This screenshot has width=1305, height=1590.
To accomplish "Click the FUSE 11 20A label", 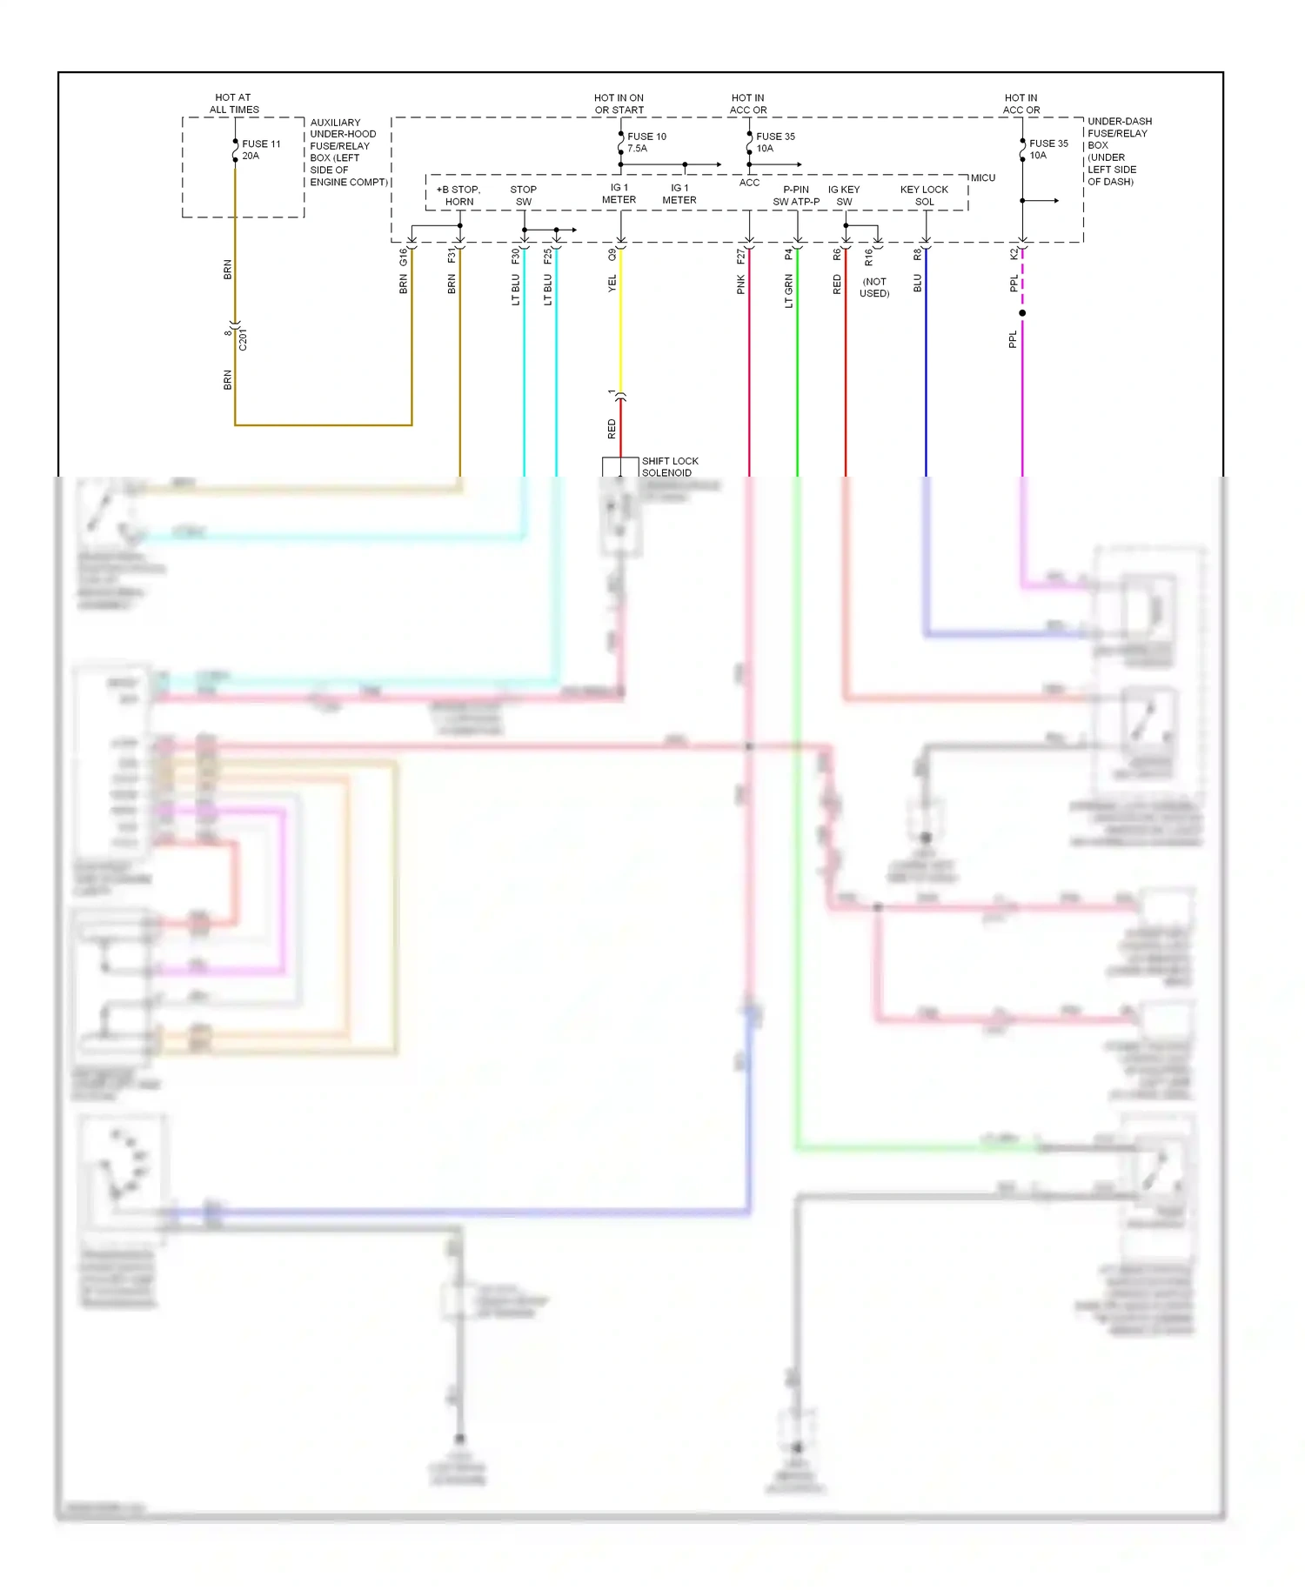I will click(260, 150).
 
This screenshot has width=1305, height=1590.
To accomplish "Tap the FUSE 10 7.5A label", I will click(646, 142).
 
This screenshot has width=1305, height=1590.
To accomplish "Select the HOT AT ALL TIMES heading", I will click(233, 104).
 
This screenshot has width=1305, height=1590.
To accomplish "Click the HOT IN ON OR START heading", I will click(619, 104).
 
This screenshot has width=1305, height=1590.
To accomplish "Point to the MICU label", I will click(982, 177).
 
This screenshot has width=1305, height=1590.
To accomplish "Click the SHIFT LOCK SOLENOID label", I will click(669, 466).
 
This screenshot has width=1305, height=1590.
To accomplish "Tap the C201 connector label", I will click(243, 339).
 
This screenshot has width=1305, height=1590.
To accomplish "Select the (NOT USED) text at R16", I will click(873, 287).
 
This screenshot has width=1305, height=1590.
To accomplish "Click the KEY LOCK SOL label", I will click(924, 195).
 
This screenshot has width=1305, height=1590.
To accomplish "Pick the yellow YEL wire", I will click(620, 331).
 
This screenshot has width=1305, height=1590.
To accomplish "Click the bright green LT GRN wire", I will click(797, 365).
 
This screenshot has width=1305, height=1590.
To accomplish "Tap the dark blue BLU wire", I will click(926, 365).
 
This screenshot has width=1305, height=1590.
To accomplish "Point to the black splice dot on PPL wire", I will click(1022, 312).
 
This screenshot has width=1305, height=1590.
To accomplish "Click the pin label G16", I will click(403, 257).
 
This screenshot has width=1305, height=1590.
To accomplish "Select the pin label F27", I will click(740, 257).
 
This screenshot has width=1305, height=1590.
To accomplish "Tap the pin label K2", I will click(1014, 254).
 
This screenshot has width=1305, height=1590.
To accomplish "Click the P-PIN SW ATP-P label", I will click(795, 195).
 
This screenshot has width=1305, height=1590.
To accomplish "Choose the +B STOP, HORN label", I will click(458, 195).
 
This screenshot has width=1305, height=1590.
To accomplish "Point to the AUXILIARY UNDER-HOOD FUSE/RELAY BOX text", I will click(347, 151).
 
